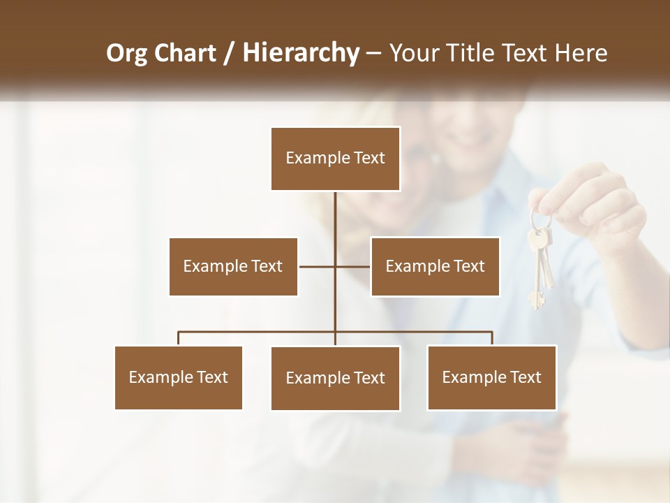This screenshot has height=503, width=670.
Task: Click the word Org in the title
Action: pos(126,53)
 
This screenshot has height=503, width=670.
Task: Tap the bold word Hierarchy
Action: pos(300,53)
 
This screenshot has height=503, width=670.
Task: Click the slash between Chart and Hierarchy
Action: pos(228,53)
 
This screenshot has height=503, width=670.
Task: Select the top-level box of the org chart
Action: pos(335,159)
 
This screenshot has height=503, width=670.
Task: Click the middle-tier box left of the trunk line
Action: pos(233,266)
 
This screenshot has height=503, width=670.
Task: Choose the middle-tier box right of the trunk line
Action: pos(435,266)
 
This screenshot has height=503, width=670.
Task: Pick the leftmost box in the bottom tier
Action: pos(179,377)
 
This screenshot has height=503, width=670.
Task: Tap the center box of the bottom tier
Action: pos(335,378)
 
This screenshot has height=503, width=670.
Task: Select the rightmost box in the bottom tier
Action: pos(491,377)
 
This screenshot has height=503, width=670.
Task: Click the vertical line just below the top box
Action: pos(335,210)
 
